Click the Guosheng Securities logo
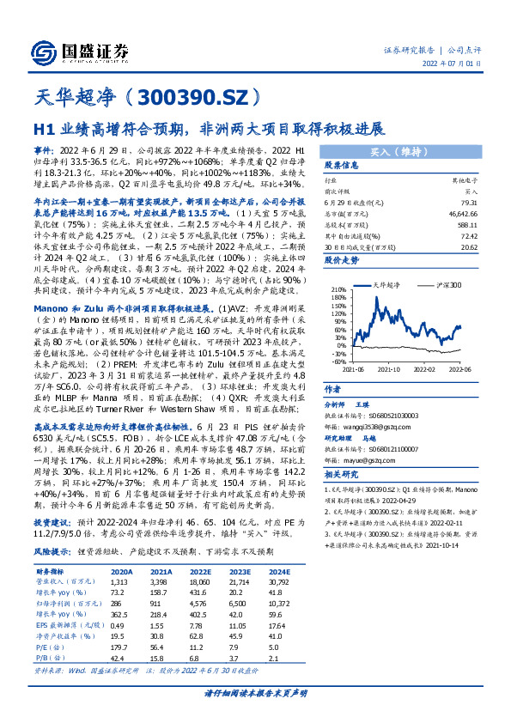pos(82,50)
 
